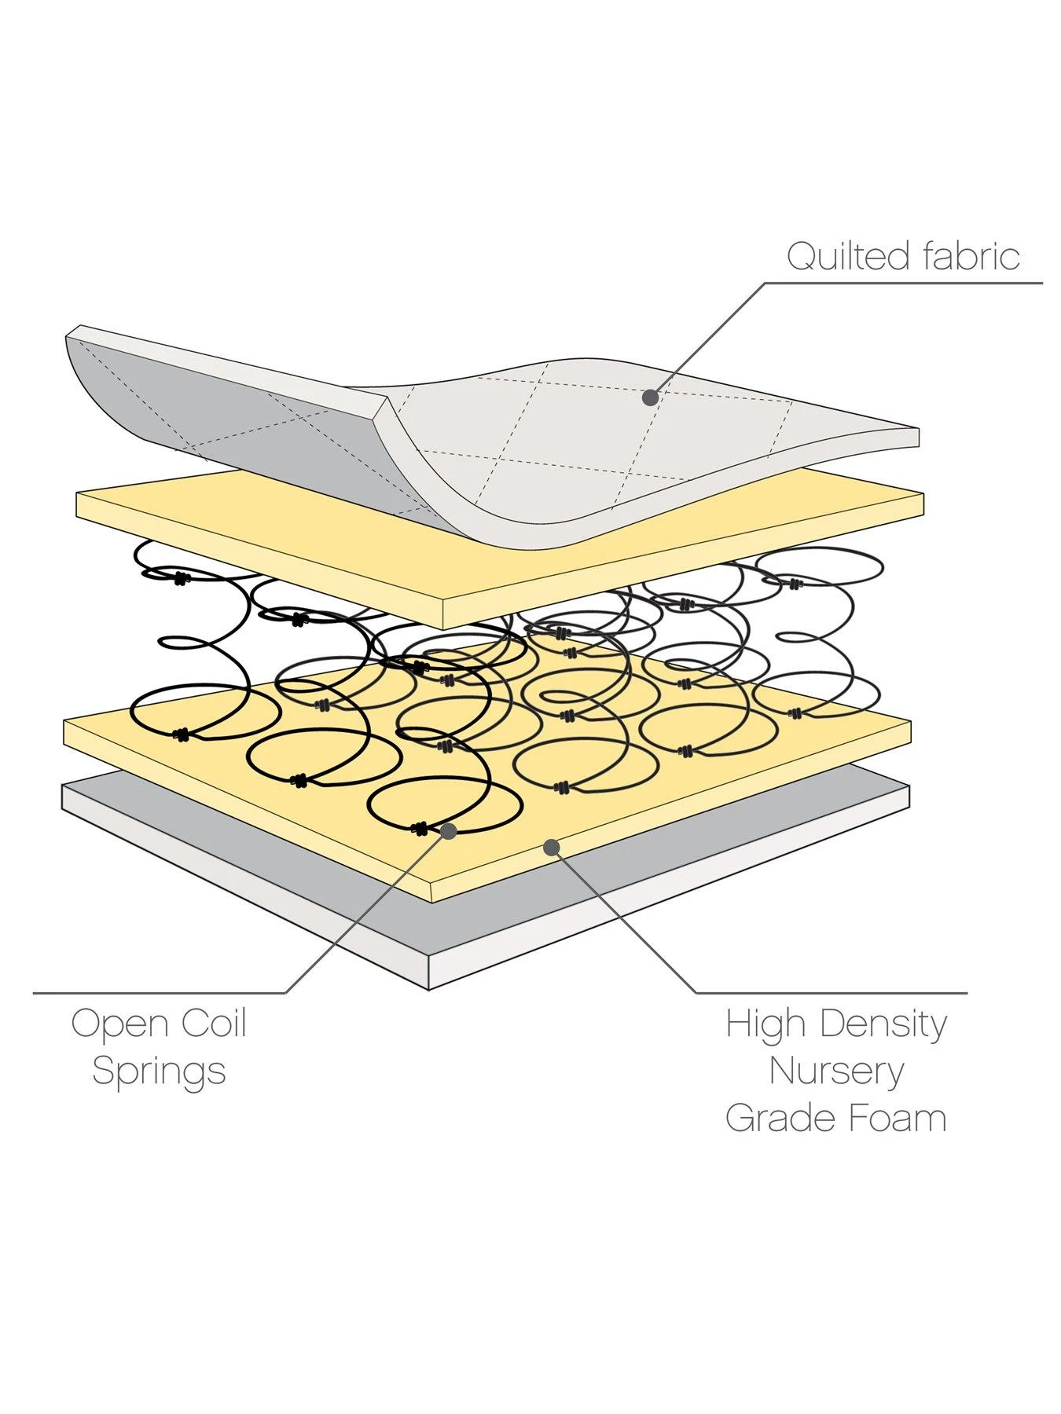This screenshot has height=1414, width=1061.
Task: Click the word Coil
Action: [214, 1024]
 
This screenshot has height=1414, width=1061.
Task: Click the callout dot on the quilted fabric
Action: [650, 397]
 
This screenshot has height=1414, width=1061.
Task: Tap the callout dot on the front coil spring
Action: [449, 830]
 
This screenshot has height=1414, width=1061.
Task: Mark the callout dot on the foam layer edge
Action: [552, 847]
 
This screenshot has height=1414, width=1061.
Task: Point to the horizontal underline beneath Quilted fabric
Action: [904, 283]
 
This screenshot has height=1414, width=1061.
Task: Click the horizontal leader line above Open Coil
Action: [157, 993]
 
